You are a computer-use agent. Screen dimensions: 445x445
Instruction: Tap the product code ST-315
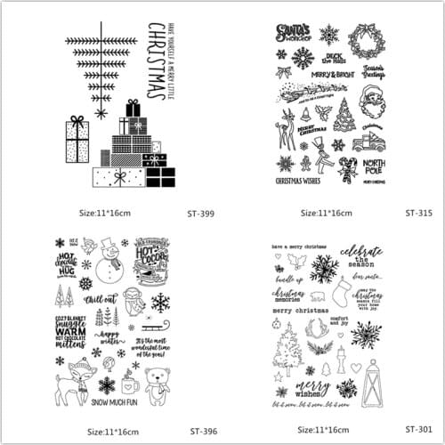tap(417, 213)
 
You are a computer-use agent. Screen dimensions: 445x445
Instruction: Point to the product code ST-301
tap(417, 431)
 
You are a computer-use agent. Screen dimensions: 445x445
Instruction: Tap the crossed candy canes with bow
tap(347, 166)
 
